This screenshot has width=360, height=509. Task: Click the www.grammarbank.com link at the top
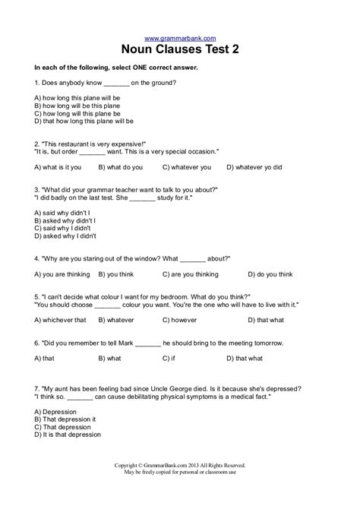click(179, 38)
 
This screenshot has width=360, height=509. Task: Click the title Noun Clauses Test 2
click(180, 50)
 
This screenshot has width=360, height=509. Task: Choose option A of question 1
click(77, 98)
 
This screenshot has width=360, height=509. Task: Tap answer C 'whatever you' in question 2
click(187, 166)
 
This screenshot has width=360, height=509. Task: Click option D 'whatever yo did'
click(254, 166)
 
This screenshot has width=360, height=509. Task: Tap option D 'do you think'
click(263, 273)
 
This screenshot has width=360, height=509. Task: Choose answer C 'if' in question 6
click(169, 358)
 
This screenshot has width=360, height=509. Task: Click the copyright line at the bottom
click(180, 486)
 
